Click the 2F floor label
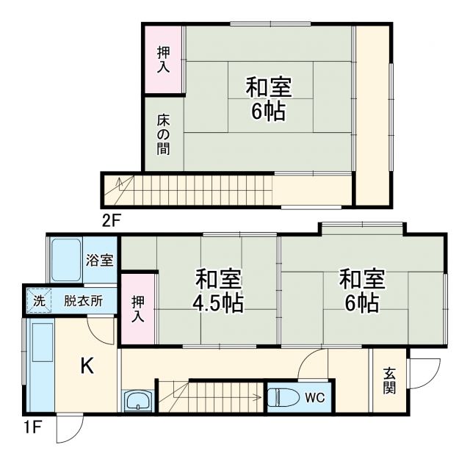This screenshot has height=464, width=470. click(x=111, y=219)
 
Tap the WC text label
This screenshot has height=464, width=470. click(x=314, y=398)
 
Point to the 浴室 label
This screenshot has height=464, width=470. click(x=99, y=259)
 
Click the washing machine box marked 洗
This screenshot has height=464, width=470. click(x=38, y=300)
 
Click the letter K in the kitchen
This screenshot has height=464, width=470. click(x=87, y=365)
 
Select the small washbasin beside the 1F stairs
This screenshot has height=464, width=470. click(x=138, y=401)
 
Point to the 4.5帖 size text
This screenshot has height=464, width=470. click(x=219, y=303)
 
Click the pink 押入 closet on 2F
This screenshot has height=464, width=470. click(x=163, y=59)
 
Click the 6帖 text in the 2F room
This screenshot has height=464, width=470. click(x=268, y=112)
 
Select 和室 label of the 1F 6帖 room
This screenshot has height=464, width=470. click(x=361, y=279)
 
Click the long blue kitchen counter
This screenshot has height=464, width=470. click(x=40, y=363)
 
